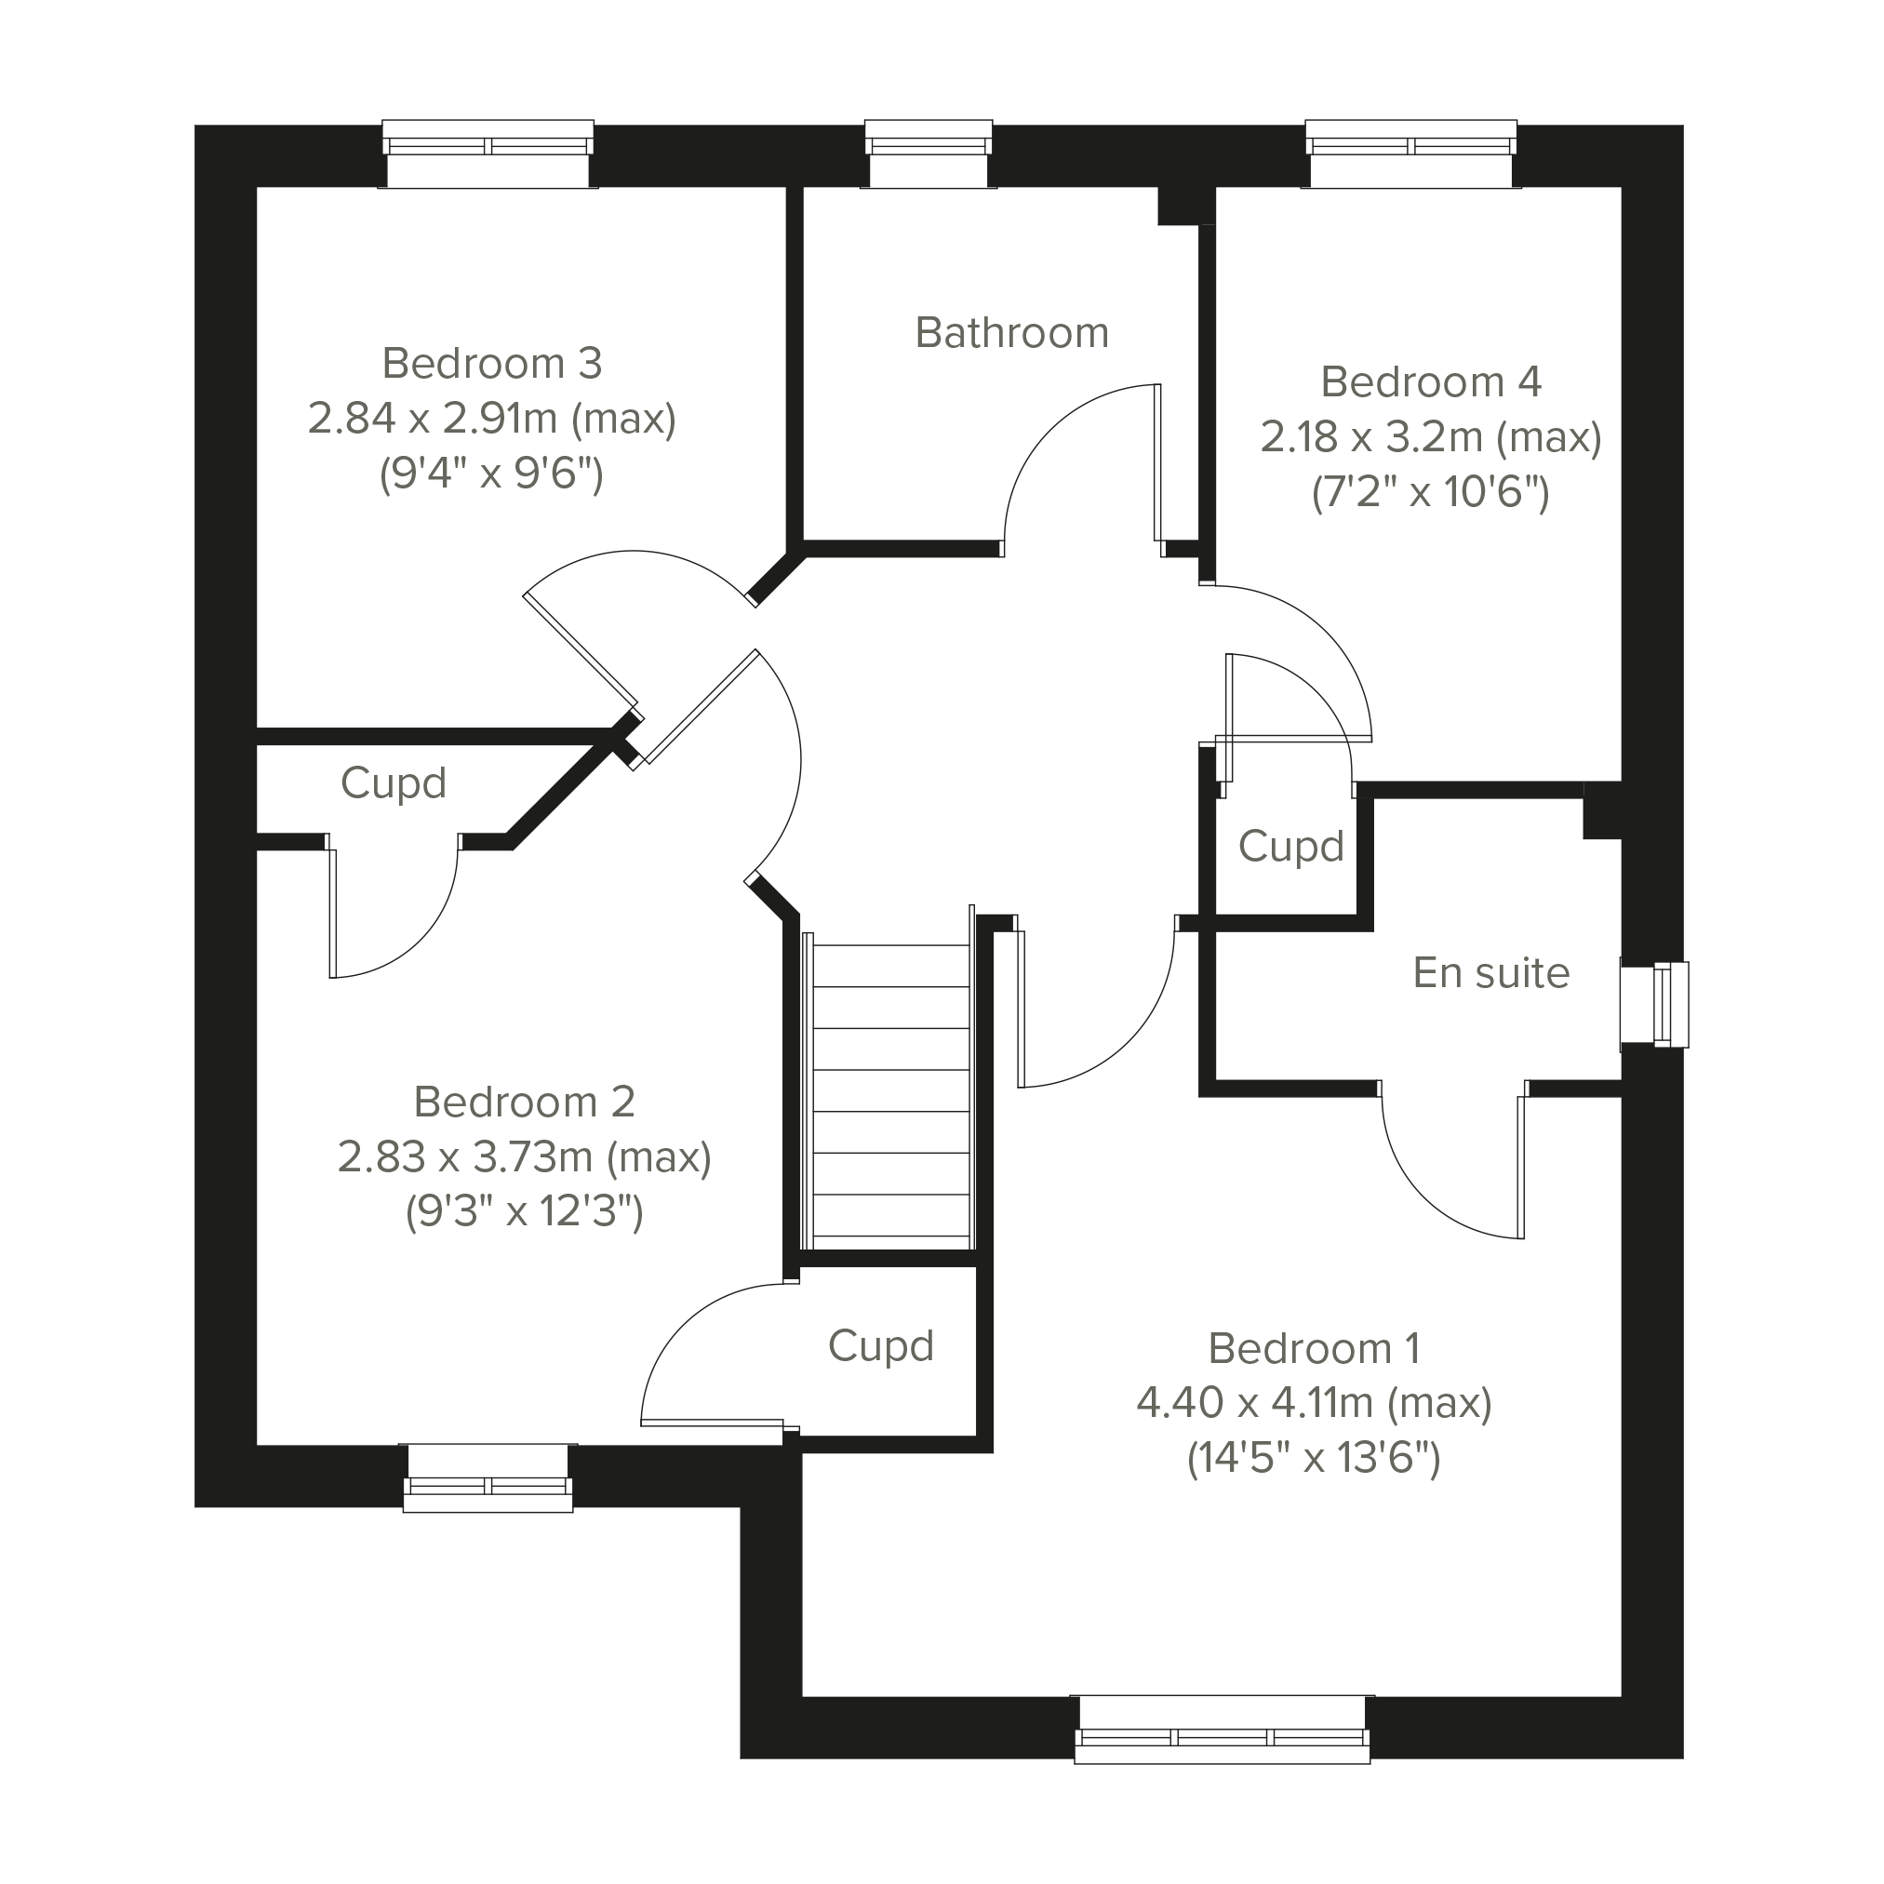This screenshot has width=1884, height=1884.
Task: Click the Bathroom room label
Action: click(1012, 333)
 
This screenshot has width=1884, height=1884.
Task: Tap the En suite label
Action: click(1491, 973)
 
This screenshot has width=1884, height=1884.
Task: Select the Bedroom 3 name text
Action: click(491, 364)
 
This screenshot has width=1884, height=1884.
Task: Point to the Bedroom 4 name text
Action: click(1431, 382)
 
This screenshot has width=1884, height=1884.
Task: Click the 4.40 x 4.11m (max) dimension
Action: click(1314, 1404)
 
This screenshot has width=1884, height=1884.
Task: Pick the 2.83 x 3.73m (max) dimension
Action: click(525, 1157)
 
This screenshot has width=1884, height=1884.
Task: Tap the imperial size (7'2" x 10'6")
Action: click(1431, 492)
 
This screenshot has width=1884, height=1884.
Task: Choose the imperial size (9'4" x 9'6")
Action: click(491, 474)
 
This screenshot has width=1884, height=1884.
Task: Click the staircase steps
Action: click(891, 1090)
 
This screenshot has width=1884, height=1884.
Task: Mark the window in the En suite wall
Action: click(1655, 1005)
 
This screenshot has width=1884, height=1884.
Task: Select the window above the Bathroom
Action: click(929, 154)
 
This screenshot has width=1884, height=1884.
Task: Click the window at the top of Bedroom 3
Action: click(488, 154)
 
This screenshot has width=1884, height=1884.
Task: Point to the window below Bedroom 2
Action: click(488, 1477)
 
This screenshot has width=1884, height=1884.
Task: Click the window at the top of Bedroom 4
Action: click(1411, 154)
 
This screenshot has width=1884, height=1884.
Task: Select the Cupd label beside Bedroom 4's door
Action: click(1291, 848)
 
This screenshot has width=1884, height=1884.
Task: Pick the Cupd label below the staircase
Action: click(880, 1346)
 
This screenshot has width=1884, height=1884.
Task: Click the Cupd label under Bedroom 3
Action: click(393, 784)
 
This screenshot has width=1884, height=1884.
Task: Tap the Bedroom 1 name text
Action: click(1314, 1350)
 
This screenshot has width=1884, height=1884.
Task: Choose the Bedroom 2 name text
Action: click(525, 1102)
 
